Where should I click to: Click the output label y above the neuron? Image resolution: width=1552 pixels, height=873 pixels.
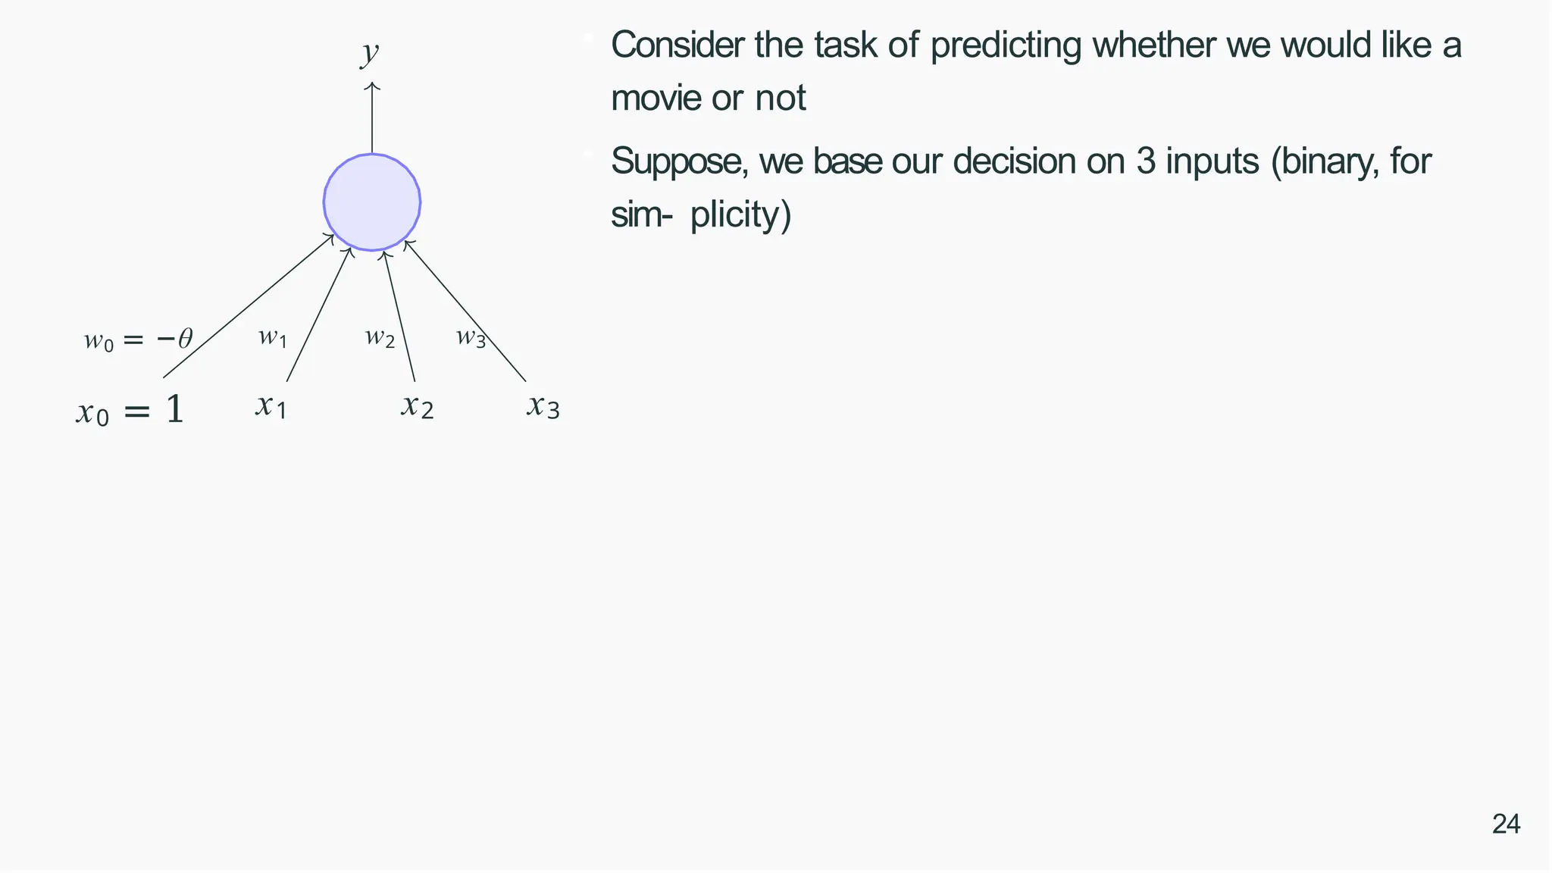click(369, 53)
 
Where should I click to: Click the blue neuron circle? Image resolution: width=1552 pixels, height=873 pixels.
click(372, 202)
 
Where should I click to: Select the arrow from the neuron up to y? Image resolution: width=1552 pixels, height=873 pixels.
click(372, 117)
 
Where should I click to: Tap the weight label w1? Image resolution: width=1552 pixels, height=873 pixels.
click(272, 337)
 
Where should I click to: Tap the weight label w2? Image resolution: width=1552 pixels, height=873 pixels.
click(380, 337)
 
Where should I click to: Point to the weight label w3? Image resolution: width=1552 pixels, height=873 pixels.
click(471, 337)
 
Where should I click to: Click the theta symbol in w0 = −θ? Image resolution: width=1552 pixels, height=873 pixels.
click(185, 339)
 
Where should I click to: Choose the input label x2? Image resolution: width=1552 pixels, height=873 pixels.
click(417, 407)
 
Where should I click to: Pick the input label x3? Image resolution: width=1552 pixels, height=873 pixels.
click(543, 407)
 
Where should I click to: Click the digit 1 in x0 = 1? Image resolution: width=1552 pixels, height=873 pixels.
click(174, 410)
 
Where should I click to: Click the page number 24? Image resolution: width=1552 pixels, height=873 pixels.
click(1506, 824)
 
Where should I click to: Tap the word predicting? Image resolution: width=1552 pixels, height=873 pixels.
click(1006, 45)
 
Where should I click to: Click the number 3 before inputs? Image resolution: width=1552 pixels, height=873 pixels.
click(1145, 161)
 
